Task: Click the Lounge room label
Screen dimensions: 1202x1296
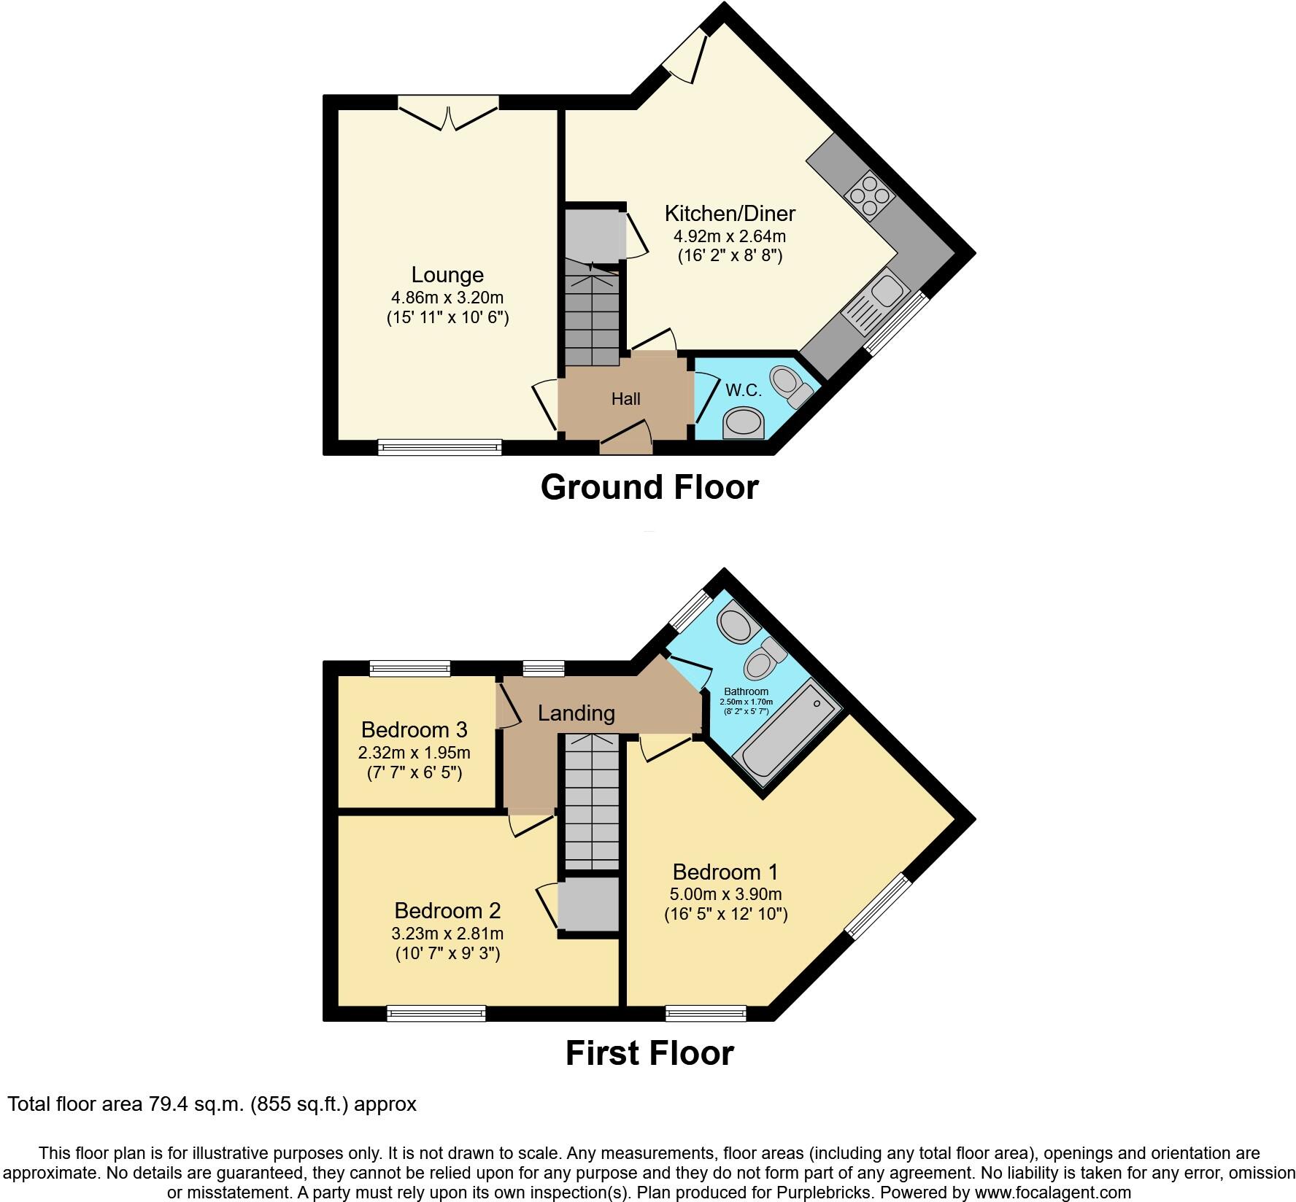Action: [447, 275]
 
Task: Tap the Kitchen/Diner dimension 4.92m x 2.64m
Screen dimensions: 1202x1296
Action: [729, 236]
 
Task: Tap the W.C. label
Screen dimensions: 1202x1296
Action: [744, 390]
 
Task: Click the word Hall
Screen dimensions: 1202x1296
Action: [625, 399]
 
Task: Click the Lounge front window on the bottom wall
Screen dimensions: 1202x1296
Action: [440, 447]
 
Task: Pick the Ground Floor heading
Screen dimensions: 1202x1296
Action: [649, 487]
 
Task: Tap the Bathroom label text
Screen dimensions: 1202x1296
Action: [746, 691]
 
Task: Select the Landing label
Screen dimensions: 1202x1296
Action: [576, 713]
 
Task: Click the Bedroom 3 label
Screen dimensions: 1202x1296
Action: [414, 729]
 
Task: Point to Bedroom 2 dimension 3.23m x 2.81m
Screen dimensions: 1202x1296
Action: [447, 934]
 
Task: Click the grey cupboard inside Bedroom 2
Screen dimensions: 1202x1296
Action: [588, 904]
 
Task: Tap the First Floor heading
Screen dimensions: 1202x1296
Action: [649, 1054]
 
